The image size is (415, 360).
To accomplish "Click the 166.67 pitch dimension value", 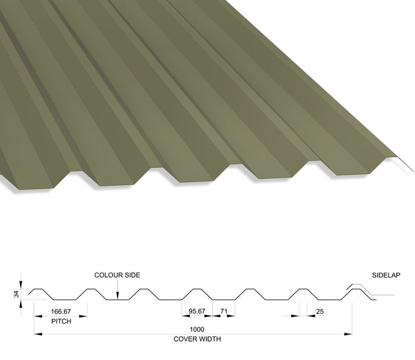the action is (61, 311).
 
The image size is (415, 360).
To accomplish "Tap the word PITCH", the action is (61, 321).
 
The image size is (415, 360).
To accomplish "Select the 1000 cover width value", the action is (197, 329).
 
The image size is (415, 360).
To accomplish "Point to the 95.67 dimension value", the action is (197, 311).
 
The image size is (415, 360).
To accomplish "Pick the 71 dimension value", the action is (224, 311).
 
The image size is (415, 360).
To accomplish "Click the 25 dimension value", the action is (320, 311).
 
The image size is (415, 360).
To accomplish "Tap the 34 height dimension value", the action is (17, 294).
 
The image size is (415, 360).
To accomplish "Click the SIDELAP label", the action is (386, 275).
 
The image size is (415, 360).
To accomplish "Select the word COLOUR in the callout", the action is (106, 275).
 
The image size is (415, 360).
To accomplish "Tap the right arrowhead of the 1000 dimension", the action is (348, 334).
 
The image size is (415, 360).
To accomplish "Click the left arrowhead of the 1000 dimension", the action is (38, 334).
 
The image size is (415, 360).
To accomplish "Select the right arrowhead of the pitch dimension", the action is (84, 316).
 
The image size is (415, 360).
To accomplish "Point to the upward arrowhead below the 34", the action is (21, 304).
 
